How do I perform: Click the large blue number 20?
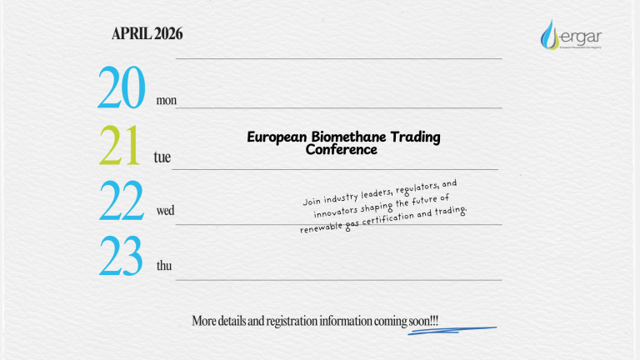point(122,89)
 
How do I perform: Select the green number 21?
point(120,147)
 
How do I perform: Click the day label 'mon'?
point(166,101)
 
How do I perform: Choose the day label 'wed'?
point(165,211)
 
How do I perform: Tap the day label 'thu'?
point(165,266)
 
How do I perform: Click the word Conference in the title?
point(342,150)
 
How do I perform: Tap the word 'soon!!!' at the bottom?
point(424,321)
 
